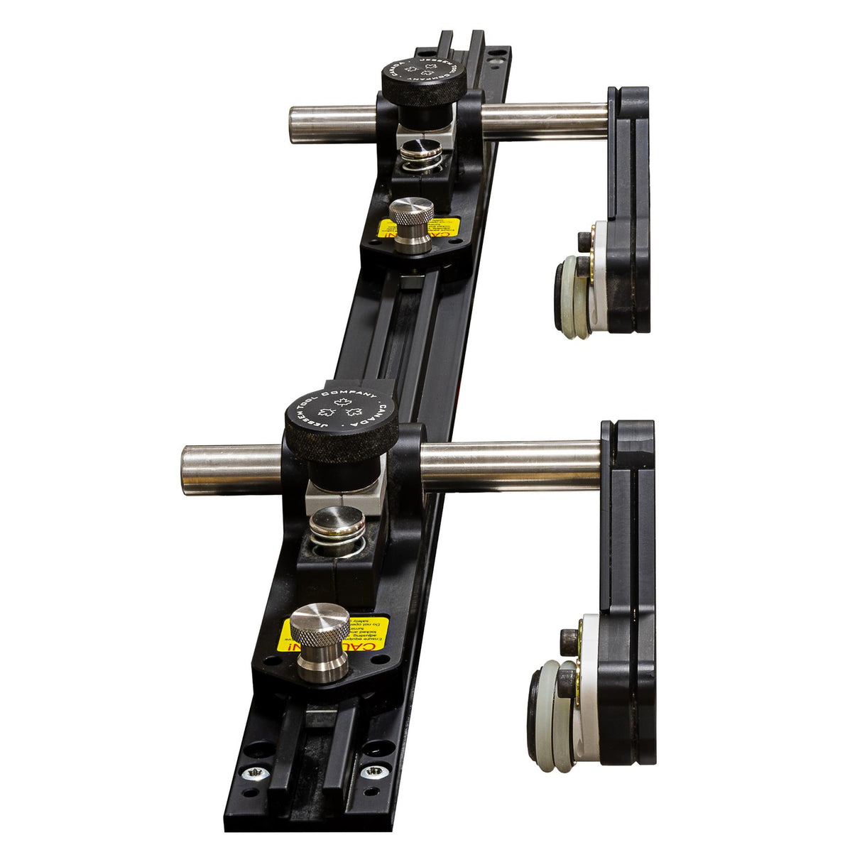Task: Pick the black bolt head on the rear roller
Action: click(584, 266)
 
